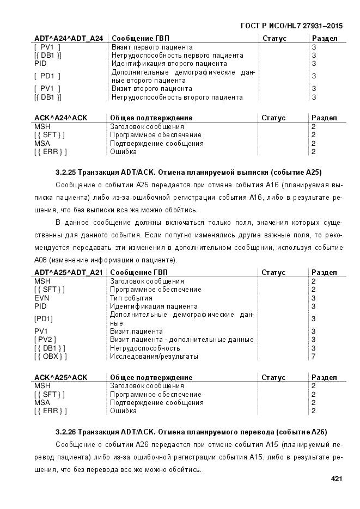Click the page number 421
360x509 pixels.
pos(335,479)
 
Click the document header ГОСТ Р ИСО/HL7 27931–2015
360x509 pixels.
pos(291,26)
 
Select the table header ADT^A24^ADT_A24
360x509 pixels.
pos(69,39)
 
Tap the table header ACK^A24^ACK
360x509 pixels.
pos(61,118)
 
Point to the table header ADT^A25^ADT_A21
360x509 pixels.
pos(69,272)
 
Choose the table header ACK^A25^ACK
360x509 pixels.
pos(61,377)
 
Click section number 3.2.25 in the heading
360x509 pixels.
pos(65,173)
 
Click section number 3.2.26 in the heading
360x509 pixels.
pos(65,432)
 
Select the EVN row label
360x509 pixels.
pos(42,298)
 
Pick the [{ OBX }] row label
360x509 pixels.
pos(50,357)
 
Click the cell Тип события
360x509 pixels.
pos(131,298)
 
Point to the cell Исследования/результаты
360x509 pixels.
pos(154,357)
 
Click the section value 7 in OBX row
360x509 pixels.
pos(313,357)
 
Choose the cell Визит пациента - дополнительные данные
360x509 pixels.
pos(181,340)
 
